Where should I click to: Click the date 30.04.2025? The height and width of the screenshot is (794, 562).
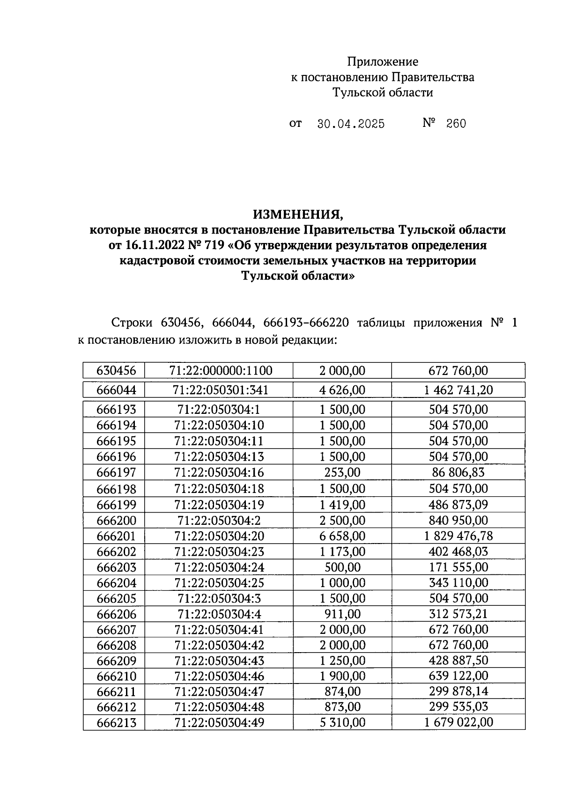tap(351, 124)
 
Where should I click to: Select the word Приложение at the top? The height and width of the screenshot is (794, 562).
tap(382, 61)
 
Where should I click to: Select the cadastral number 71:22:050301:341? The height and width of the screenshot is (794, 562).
tap(219, 390)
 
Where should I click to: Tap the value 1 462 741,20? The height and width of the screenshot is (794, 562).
tap(458, 390)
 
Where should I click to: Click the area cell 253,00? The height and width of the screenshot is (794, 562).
tap(342, 472)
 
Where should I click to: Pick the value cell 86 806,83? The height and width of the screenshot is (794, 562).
tap(458, 472)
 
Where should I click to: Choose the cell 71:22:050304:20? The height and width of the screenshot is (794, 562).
tap(219, 536)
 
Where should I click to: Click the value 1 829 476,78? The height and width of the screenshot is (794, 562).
tap(458, 536)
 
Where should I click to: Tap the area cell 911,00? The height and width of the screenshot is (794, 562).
tap(342, 614)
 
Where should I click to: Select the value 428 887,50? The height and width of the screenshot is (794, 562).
tap(458, 661)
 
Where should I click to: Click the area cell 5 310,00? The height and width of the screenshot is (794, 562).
tap(342, 723)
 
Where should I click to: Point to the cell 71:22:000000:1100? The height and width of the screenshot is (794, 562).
tap(219, 371)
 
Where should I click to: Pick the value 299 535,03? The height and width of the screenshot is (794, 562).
tap(458, 706)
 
